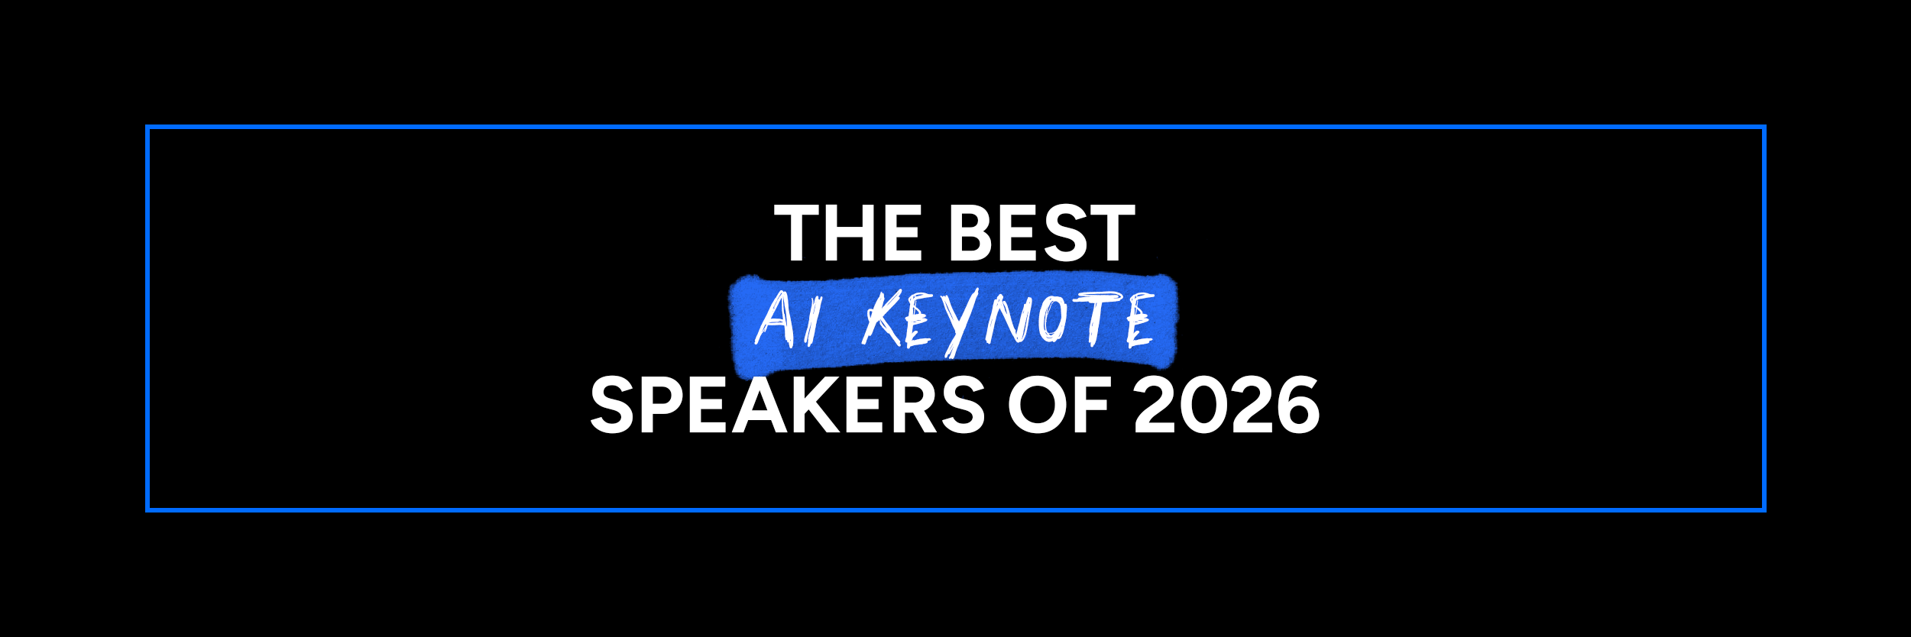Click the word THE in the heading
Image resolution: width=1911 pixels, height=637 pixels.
coord(849,233)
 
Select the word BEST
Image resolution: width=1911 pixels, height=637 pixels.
coord(1042,233)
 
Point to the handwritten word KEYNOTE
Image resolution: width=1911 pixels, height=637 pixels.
coord(1008,321)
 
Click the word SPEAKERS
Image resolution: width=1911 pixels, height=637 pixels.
coord(788,405)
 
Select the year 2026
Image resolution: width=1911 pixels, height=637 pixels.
coord(1226,405)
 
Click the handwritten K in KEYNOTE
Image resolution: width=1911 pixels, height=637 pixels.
coord(883,318)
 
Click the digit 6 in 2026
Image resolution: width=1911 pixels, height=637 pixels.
coord(1297,405)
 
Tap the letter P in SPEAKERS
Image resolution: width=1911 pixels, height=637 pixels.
coord(663,405)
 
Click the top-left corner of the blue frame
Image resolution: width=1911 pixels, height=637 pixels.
coord(147,127)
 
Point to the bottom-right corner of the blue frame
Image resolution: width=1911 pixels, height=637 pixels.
coord(1764,510)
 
